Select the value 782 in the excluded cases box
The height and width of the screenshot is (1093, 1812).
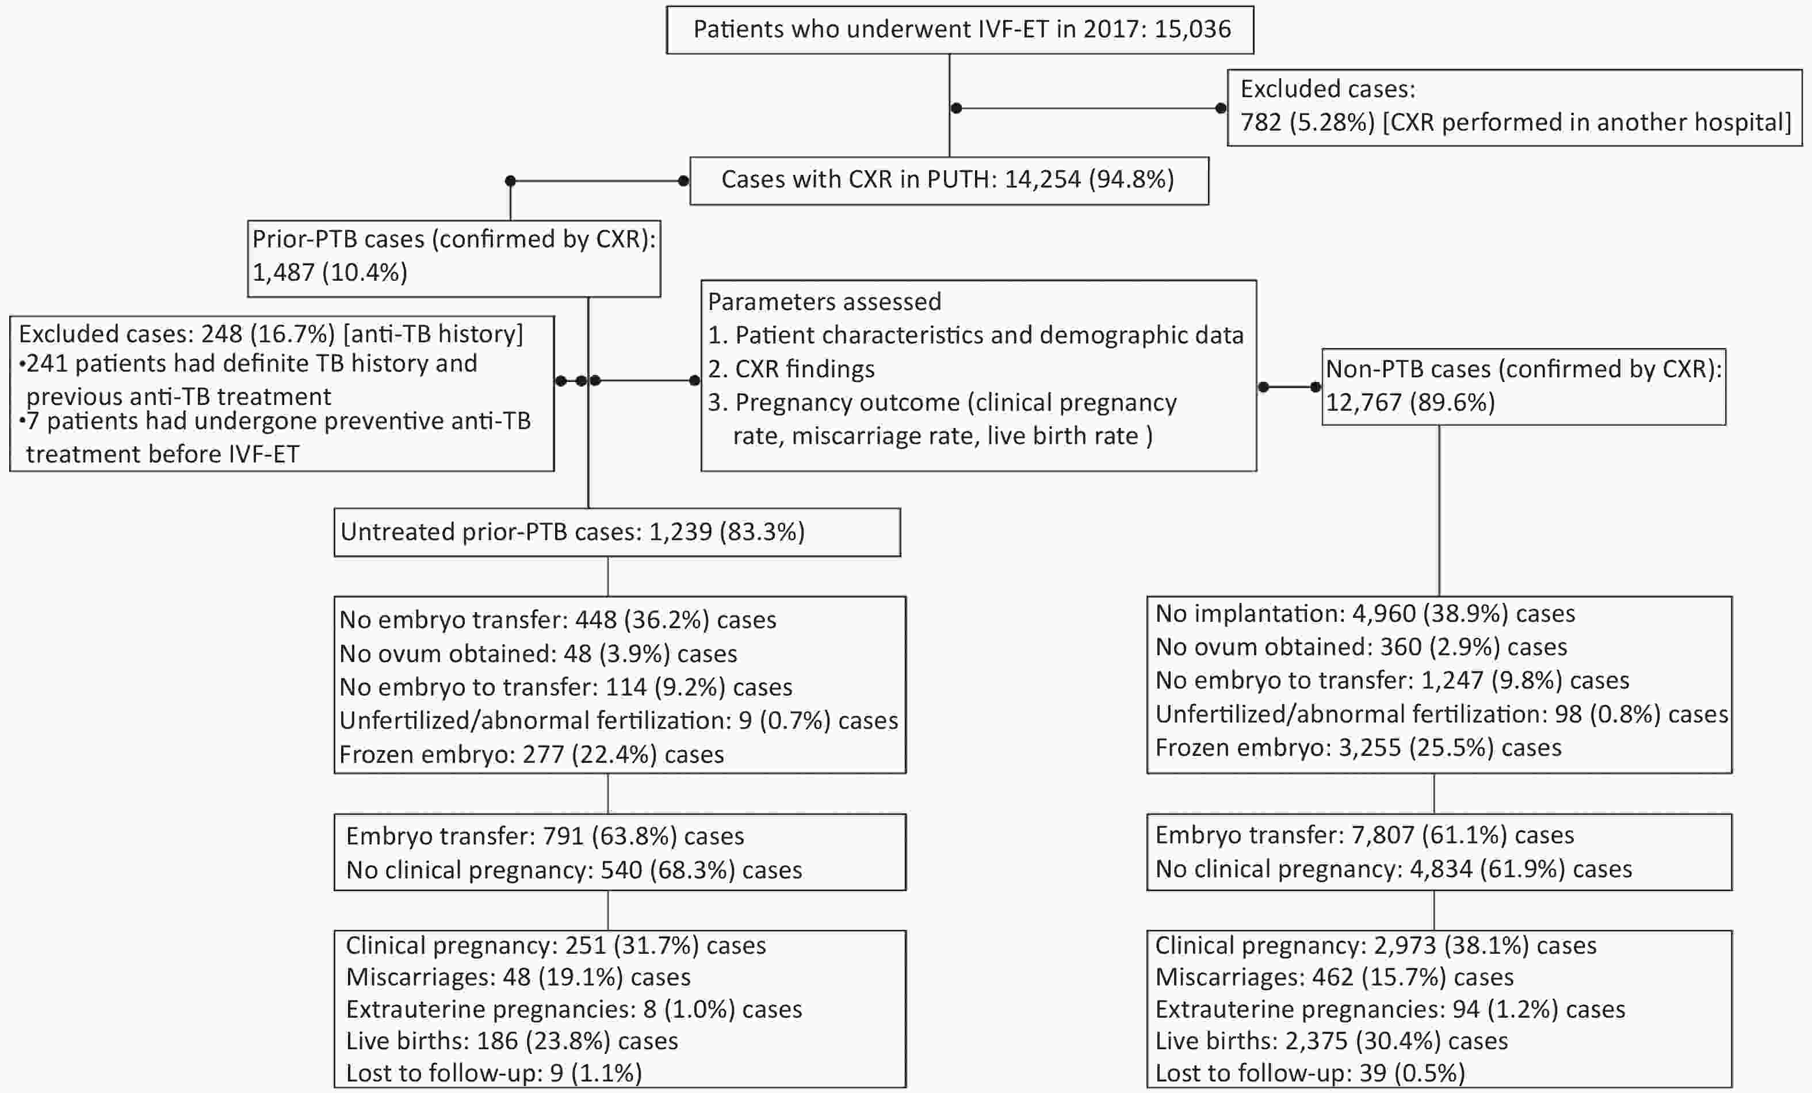tap(1260, 122)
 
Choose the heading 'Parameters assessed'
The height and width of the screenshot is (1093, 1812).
tap(824, 301)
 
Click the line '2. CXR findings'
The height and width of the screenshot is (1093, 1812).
tap(792, 369)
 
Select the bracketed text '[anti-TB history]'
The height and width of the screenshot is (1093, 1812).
tap(433, 334)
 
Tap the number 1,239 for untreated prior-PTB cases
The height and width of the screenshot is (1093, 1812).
tap(681, 532)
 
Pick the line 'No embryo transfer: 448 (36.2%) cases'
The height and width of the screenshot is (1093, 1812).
tap(557, 620)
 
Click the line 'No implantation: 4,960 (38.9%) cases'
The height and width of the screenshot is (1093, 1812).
tap(1365, 613)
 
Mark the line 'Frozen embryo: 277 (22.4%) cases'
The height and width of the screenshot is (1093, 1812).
tap(532, 754)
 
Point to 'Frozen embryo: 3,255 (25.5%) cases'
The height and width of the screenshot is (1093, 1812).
tap(1358, 747)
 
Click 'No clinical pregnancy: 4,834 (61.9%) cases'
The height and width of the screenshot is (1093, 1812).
tap(1394, 869)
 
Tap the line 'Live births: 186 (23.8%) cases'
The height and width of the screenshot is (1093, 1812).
tap(512, 1041)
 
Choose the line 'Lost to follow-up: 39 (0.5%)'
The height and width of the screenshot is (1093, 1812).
tap(1310, 1073)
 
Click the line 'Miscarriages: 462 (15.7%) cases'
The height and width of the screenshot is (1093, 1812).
tap(1334, 977)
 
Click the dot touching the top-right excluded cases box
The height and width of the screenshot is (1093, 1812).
tap(1221, 108)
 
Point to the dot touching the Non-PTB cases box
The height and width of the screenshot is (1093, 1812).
tap(1316, 387)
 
